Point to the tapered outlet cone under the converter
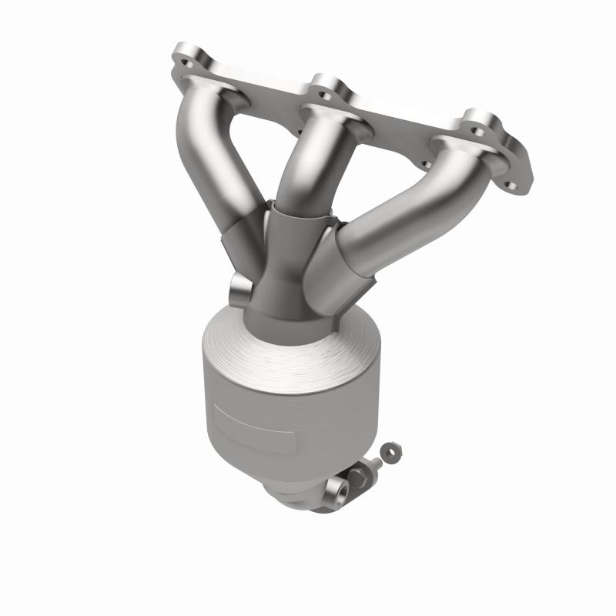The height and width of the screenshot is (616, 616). coord(300,493)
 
